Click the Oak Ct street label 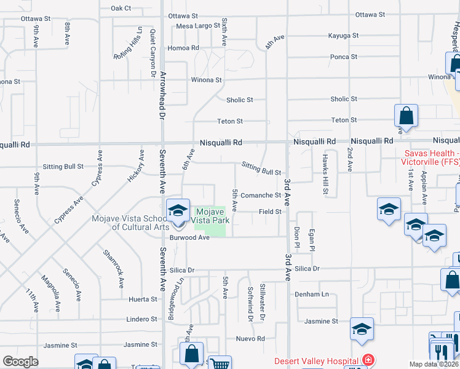click(x=121, y=8)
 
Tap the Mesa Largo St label click(x=197, y=26)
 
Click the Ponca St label click(x=344, y=57)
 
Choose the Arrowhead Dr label click(x=163, y=95)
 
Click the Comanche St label click(x=260, y=196)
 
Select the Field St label click(x=270, y=212)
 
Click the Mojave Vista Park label click(x=210, y=215)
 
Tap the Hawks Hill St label click(x=325, y=174)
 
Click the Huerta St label click(x=143, y=300)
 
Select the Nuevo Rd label click(x=250, y=339)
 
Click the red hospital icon click(x=368, y=360)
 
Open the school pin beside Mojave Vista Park click(x=177, y=210)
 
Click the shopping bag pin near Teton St click(x=406, y=116)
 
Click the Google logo click(x=20, y=362)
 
